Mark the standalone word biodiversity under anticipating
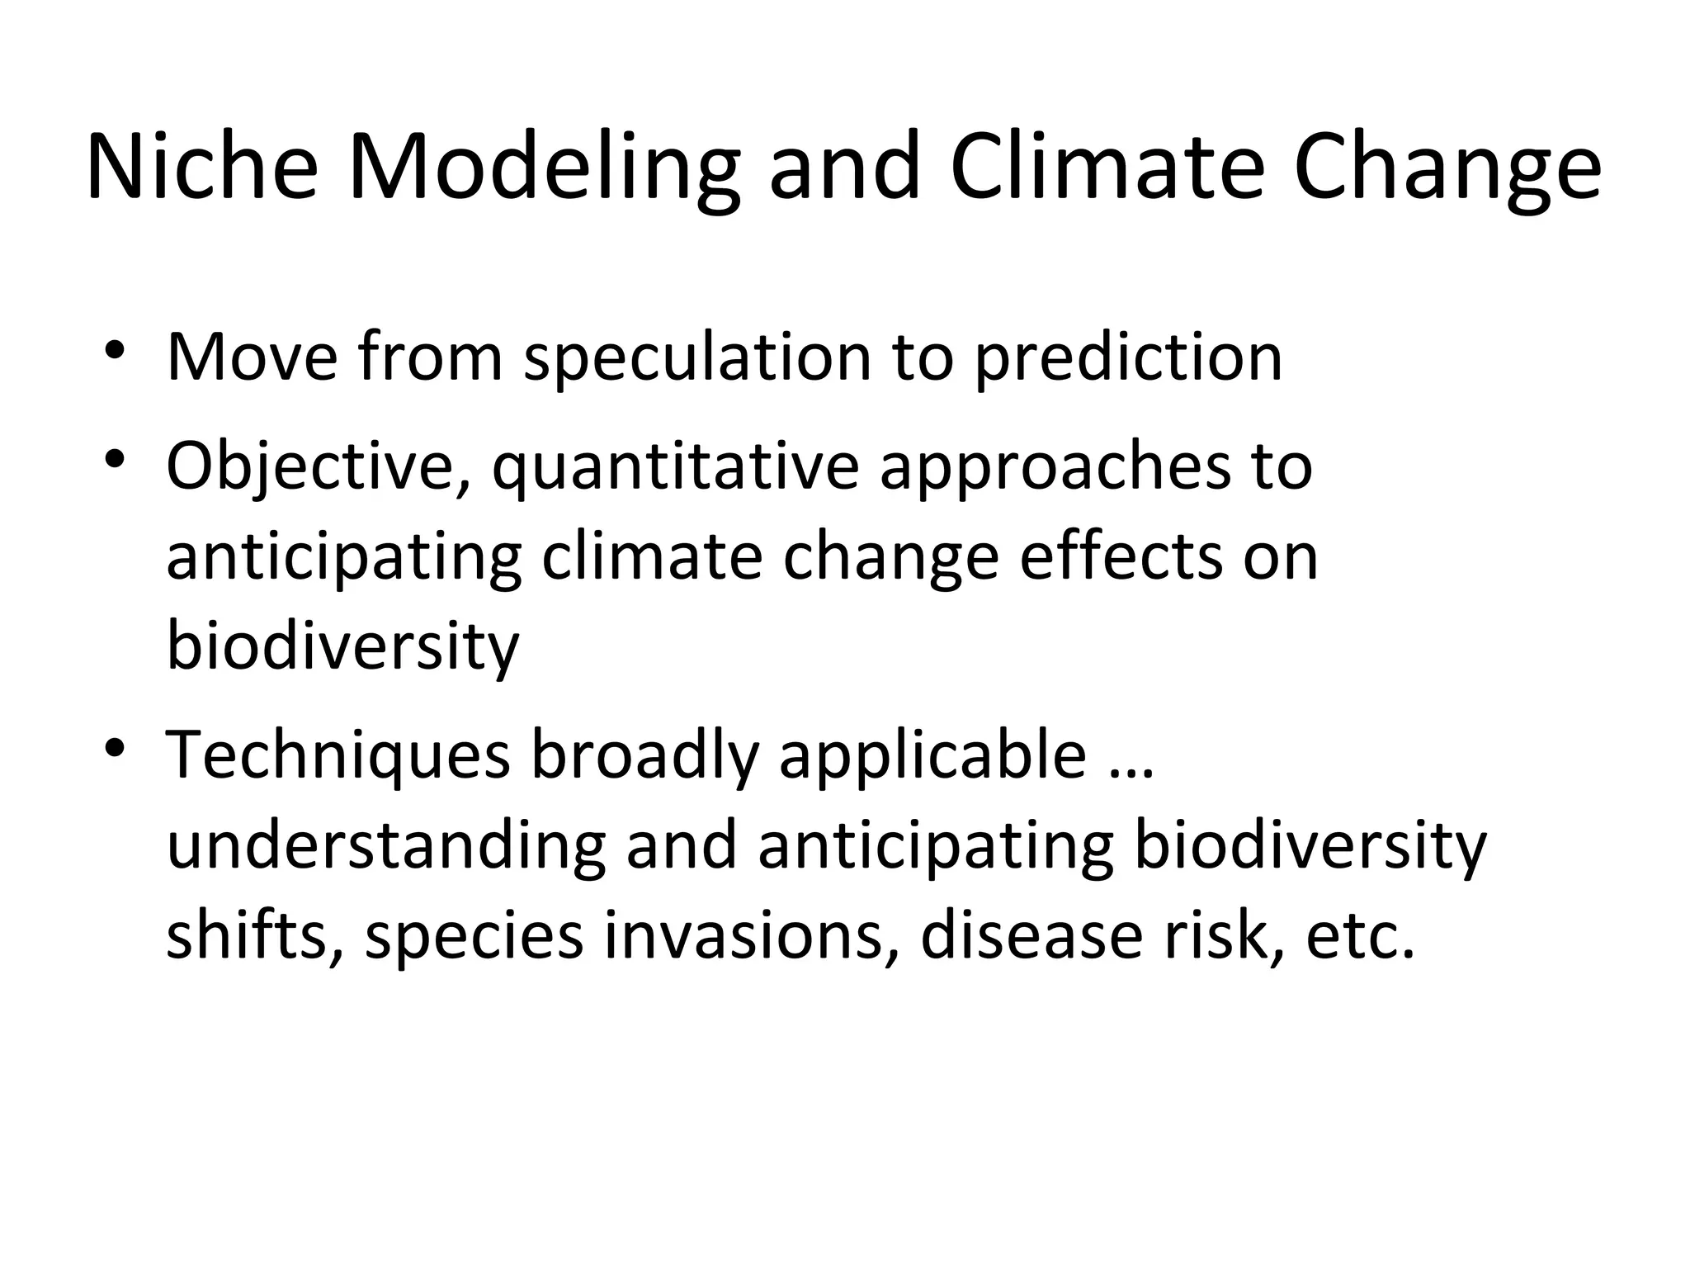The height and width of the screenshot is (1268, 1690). [342, 646]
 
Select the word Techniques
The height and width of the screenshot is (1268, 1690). [338, 755]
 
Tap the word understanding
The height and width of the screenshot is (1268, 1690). [386, 845]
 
